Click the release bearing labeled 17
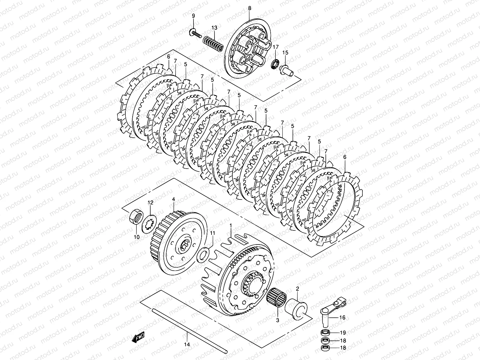point(274,64)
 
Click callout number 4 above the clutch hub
point(173,199)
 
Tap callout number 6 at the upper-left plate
point(168,56)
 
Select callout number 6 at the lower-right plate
point(345,157)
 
